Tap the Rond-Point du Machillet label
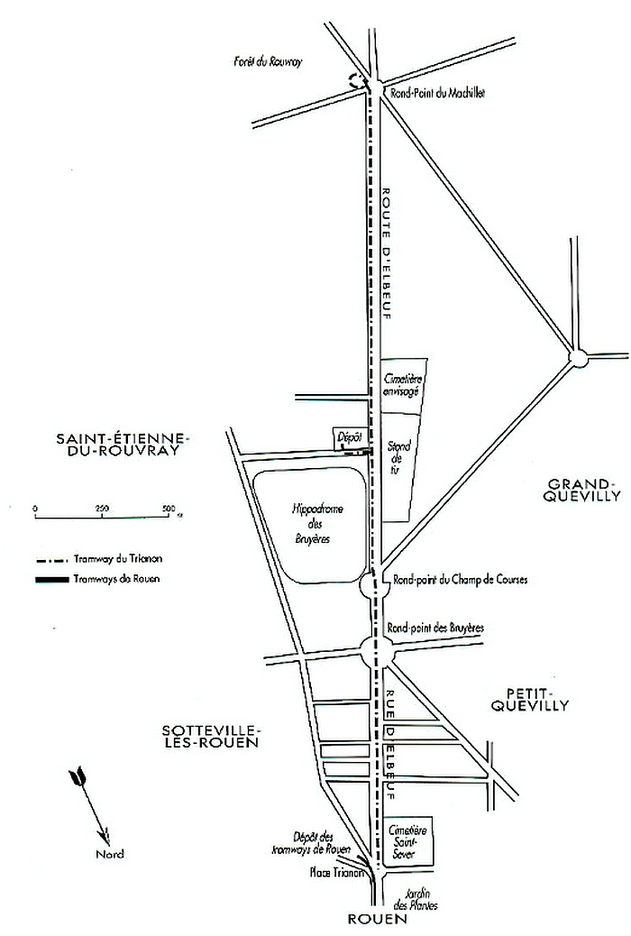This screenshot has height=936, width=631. click(435, 93)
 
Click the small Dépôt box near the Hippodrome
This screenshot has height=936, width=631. click(349, 434)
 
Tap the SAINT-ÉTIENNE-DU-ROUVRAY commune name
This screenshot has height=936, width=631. click(123, 445)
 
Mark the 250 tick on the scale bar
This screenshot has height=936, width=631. click(101, 509)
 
